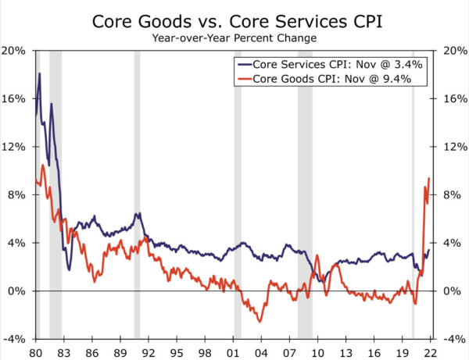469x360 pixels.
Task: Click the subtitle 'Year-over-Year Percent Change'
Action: pyautogui.click(x=235, y=37)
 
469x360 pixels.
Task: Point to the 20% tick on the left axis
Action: pyautogui.click(x=16, y=51)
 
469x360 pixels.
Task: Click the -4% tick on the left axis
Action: pyautogui.click(x=16, y=340)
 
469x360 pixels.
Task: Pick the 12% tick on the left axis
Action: pyautogui.click(x=16, y=148)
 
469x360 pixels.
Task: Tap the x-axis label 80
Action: pyautogui.click(x=36, y=352)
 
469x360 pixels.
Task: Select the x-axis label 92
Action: pyautogui.click(x=149, y=352)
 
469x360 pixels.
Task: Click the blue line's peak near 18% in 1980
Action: pyautogui.click(x=39, y=74)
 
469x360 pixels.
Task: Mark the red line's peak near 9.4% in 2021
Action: pyautogui.click(x=429, y=179)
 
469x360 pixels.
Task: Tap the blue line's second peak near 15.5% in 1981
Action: pyautogui.click(x=52, y=104)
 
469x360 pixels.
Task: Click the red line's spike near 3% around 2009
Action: pyautogui.click(x=317, y=255)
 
